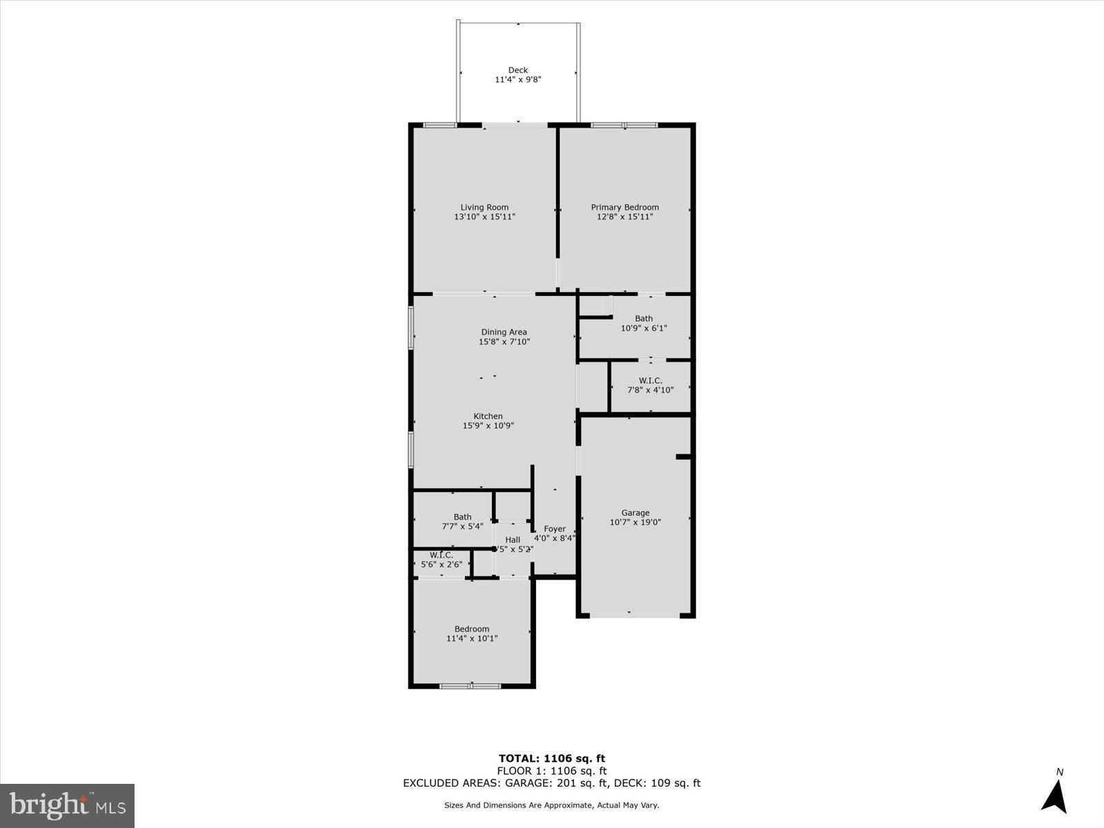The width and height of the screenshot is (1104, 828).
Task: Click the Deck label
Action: click(x=517, y=70)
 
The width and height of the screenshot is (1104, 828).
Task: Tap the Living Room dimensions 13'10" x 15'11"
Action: click(x=484, y=217)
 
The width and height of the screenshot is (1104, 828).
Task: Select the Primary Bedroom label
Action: click(x=624, y=207)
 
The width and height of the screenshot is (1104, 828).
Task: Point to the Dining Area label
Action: click(x=504, y=332)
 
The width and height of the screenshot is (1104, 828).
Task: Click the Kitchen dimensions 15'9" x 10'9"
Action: click(x=488, y=426)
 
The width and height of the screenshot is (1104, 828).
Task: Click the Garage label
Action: click(x=635, y=513)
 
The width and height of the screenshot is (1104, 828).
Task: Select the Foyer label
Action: click(x=554, y=529)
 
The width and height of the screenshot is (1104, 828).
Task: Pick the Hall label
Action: click(x=512, y=540)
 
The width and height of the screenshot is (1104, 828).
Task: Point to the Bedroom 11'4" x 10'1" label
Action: click(x=471, y=629)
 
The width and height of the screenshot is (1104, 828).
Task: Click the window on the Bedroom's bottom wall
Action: click(x=470, y=686)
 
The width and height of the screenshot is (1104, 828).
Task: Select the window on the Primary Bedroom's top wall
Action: click(x=624, y=126)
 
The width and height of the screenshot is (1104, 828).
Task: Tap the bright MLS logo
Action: click(x=67, y=805)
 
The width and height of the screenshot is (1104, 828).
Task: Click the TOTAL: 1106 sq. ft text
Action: click(x=551, y=758)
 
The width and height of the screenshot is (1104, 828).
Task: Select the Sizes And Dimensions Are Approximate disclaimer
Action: click(x=551, y=805)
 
